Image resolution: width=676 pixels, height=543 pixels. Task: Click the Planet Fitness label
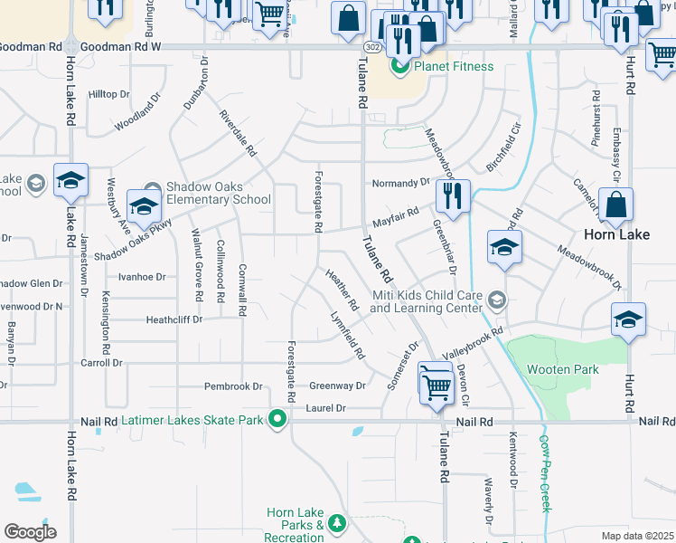454,66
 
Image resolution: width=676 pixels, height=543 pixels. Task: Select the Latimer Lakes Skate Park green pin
277,420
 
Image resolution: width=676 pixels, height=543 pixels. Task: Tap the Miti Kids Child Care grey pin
496,300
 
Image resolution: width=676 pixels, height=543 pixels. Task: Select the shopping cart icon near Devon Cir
437,385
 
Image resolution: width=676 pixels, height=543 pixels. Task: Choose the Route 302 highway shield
372,46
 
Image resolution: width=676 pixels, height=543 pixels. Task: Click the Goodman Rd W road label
119,45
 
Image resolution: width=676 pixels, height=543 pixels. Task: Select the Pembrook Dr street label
233,386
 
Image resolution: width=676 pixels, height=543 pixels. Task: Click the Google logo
30,531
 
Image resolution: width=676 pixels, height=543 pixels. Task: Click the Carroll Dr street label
101,362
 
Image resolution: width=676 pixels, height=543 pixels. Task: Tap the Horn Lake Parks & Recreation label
296,526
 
